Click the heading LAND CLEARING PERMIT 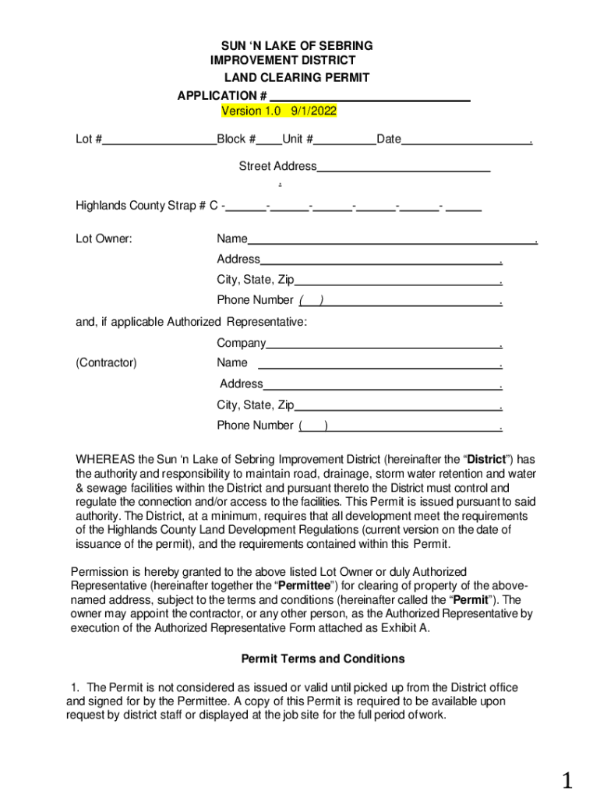(x=297, y=78)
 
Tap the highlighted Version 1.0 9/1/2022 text (x=279, y=111)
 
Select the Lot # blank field (x=159, y=140)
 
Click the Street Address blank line (x=404, y=167)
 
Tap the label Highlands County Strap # (x=140, y=206)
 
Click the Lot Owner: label (x=104, y=238)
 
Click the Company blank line (x=383, y=344)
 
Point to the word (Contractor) (x=106, y=362)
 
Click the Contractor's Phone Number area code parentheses (x=313, y=425)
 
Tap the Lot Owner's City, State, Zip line (x=397, y=280)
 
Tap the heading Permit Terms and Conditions (x=323, y=659)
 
